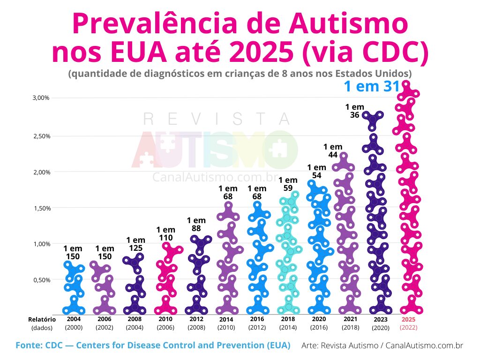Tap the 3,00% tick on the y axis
[41, 98]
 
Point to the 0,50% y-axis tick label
[41, 280]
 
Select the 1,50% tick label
[41, 208]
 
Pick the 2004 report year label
[73, 319]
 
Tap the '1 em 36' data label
[354, 111]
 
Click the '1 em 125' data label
[135, 244]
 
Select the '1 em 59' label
[288, 184]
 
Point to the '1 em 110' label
[165, 233]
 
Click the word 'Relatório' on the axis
[42, 319]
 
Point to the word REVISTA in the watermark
[217, 120]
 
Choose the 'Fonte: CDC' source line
[153, 345]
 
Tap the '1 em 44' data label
[333, 150]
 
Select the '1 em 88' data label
[196, 224]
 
